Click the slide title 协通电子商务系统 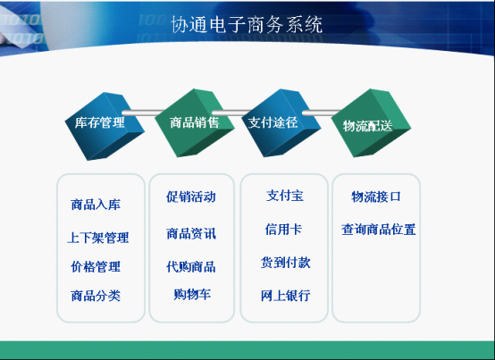point(247,24)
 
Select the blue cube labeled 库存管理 point(105,126)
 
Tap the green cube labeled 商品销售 point(195,123)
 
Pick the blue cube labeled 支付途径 point(281,123)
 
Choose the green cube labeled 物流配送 point(372,123)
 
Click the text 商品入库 point(96,205)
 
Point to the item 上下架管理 point(98,238)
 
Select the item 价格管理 point(96,266)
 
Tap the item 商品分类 point(96,296)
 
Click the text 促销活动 point(191,197)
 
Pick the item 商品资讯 point(191,234)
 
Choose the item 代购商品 point(191,267)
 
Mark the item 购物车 point(192,295)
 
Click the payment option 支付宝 point(285,196)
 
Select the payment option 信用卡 point(283,229)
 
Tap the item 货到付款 point(286,263)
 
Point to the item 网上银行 point(286,296)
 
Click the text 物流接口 point(376,197)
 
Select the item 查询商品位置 point(379,230)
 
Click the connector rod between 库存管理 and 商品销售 point(143,113)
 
